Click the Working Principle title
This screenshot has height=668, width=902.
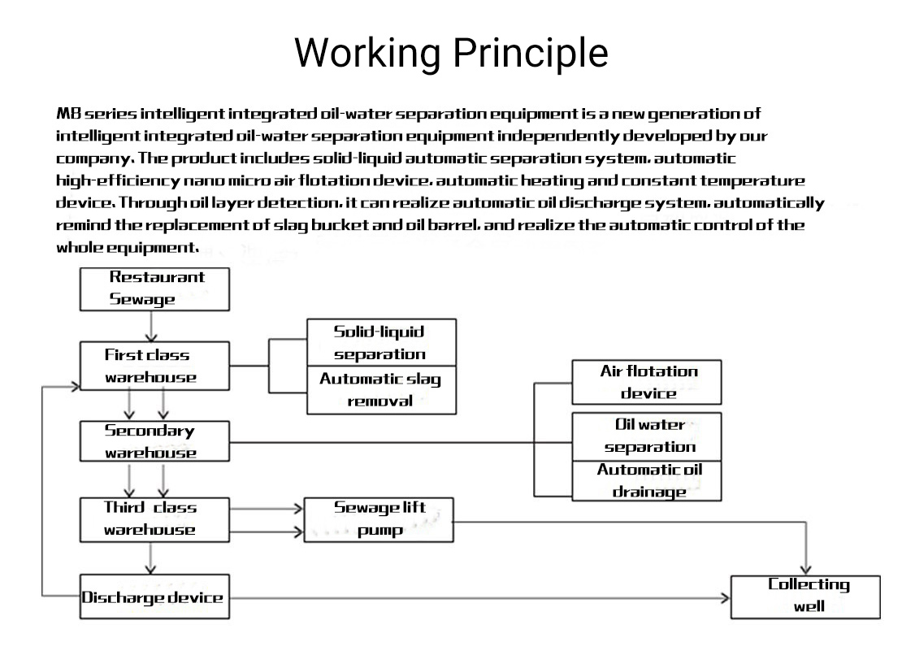(451, 53)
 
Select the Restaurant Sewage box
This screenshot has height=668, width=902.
(154, 288)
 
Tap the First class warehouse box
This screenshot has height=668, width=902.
(154, 366)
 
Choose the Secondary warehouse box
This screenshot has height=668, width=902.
(154, 442)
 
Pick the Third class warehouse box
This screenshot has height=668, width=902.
(154, 518)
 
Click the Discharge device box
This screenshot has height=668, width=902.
(154, 597)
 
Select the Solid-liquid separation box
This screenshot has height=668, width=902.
(381, 342)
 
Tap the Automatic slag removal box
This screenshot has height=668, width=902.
(381, 390)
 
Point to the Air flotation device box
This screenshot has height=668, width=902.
(647, 382)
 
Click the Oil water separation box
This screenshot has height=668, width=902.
(647, 436)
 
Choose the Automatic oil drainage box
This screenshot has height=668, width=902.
(647, 480)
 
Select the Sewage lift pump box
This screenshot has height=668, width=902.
(379, 519)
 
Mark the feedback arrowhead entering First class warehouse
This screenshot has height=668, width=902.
(74, 386)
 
